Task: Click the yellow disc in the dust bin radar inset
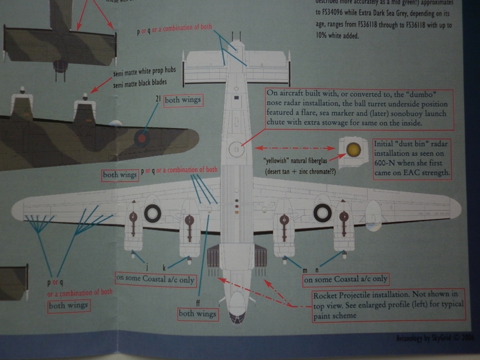pos(353,150)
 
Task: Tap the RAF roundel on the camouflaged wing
pos(141,138)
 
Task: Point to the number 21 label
pos(158,99)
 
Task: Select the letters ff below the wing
pos(198,303)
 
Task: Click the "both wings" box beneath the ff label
pos(198,314)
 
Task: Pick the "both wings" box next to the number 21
pos(183,100)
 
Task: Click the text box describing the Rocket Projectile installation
pos(388,305)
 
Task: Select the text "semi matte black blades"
pos(140,83)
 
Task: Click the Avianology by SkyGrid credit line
pos(435,337)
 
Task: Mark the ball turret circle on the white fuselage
pos(237,150)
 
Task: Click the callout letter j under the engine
pos(147,267)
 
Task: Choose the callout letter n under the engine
pos(317,270)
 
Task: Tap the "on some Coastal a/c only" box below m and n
pos(346,279)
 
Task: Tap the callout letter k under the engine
pos(164,268)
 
